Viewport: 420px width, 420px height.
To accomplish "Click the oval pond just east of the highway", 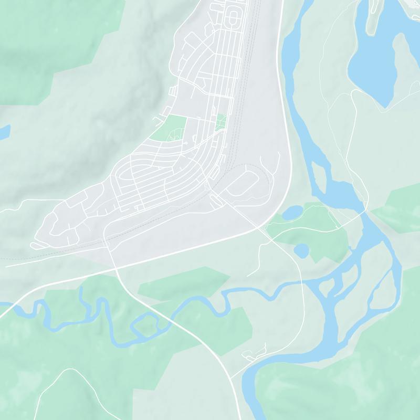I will [x=292, y=212].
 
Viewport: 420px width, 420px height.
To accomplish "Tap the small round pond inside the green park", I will [x=301, y=250].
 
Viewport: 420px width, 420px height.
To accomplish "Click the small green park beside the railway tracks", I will [x=221, y=122].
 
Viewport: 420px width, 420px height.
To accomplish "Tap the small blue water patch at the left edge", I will [x=3, y=132].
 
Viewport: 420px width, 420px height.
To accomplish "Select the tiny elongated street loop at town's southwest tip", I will [x=38, y=245].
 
